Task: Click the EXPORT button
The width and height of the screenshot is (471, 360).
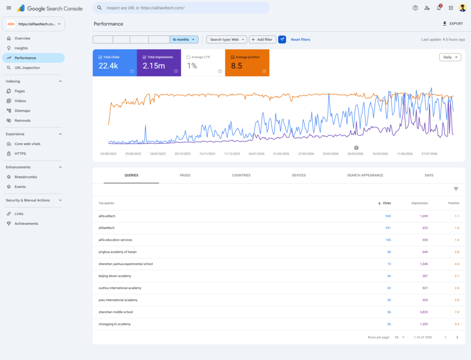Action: (x=453, y=23)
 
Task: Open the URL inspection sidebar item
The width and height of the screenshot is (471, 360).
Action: (x=27, y=68)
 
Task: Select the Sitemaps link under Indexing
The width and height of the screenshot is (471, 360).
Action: (x=22, y=110)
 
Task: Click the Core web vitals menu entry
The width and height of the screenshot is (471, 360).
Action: (x=27, y=144)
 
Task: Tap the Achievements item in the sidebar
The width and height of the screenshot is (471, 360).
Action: (x=26, y=223)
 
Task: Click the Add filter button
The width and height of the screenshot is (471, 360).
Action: (x=262, y=40)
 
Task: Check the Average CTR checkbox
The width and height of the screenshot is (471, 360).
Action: (x=188, y=57)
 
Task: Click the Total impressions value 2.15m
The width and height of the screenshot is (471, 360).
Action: (x=154, y=66)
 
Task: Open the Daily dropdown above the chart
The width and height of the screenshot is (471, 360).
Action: (x=450, y=57)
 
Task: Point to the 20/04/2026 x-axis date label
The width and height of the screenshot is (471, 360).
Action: (x=356, y=154)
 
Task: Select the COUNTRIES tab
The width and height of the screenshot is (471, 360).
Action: (x=241, y=175)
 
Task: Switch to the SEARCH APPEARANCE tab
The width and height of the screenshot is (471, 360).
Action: (x=365, y=175)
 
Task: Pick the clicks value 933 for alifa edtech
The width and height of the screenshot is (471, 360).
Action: (x=388, y=216)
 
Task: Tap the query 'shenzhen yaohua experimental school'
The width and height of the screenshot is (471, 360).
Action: (x=126, y=264)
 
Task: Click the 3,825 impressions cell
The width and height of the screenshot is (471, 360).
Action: (x=424, y=312)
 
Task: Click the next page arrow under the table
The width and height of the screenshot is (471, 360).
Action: (x=457, y=337)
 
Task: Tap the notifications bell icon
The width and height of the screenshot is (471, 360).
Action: (x=439, y=8)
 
